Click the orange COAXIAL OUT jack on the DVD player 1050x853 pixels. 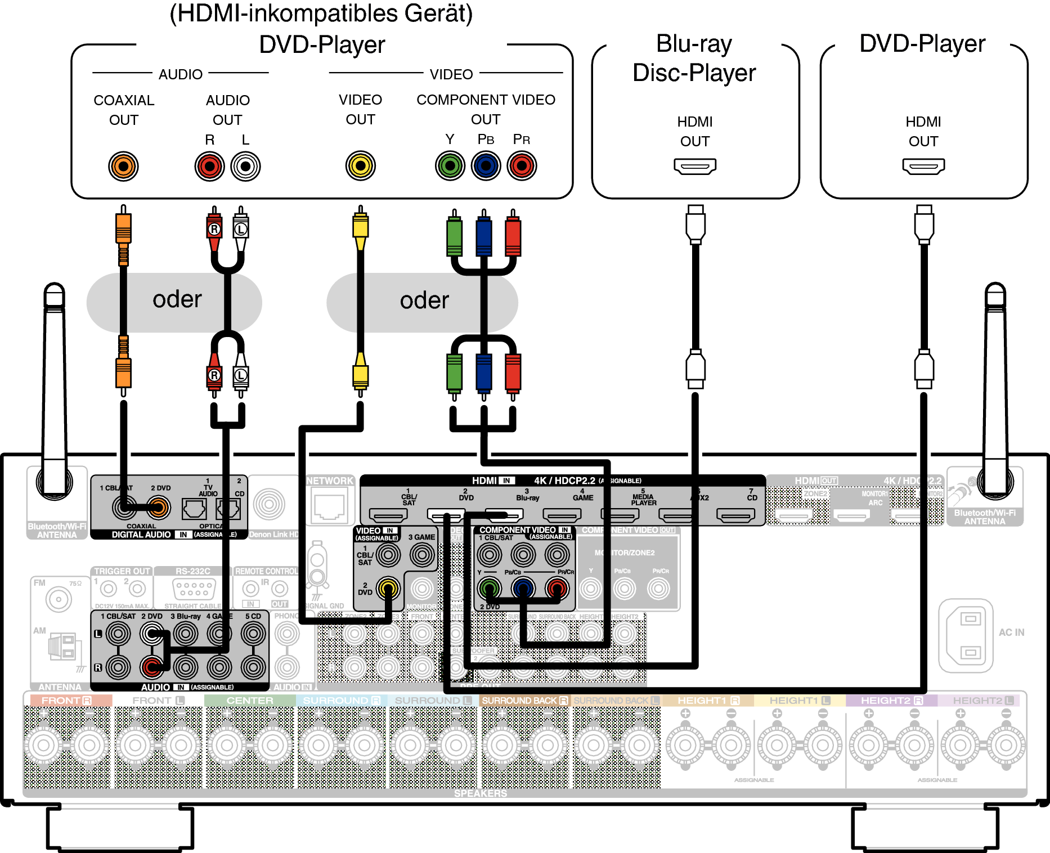click(x=123, y=166)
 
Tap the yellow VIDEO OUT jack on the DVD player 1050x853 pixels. click(x=360, y=165)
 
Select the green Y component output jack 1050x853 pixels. click(x=450, y=165)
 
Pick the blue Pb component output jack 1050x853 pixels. click(x=486, y=165)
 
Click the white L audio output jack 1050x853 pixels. click(x=245, y=166)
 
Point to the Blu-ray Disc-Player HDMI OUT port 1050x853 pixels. click(x=695, y=166)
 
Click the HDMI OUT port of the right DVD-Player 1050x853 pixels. click(x=923, y=166)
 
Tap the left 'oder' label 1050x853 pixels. click(x=177, y=299)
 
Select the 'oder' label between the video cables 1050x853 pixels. click(x=424, y=300)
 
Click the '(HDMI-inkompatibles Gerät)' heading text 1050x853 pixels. click(x=321, y=14)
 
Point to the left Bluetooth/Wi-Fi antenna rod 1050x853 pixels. click(x=55, y=383)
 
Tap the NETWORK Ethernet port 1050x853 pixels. click(x=329, y=506)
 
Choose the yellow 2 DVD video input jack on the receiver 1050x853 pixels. click(x=388, y=589)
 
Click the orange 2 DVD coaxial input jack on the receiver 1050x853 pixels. click(x=158, y=508)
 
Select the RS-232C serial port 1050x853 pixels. click(x=194, y=589)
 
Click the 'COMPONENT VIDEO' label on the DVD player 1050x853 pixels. click(x=486, y=100)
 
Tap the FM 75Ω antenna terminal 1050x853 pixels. click(x=59, y=599)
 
